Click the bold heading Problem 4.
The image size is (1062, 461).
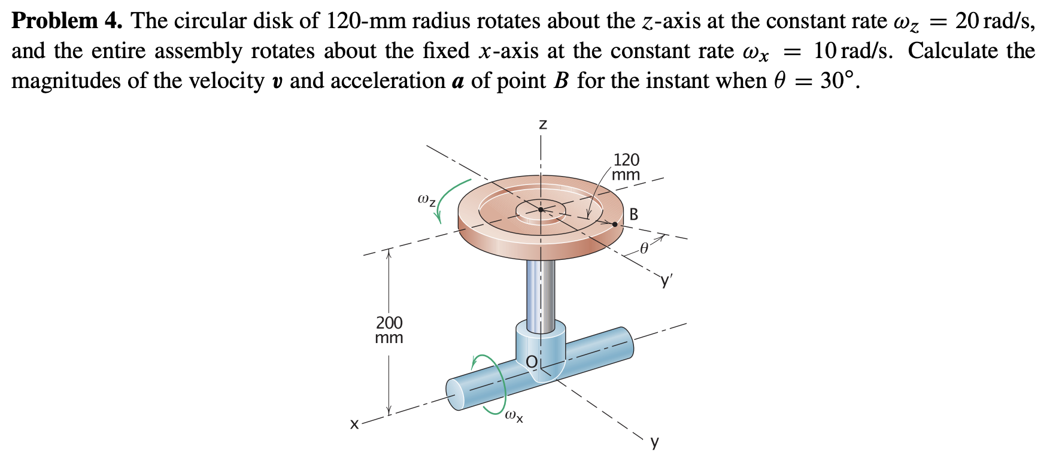click(66, 21)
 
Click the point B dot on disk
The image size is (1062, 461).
click(615, 224)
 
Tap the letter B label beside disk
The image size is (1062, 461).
click(634, 214)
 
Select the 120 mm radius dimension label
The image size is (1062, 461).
click(626, 167)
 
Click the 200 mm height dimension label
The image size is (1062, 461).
click(389, 330)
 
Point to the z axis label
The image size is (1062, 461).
click(542, 125)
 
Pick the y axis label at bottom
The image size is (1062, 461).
click(654, 442)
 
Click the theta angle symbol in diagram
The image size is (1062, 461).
click(644, 248)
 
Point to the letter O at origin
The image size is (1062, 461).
click(531, 361)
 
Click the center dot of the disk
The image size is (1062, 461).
click(541, 210)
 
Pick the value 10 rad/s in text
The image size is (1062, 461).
click(852, 51)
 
